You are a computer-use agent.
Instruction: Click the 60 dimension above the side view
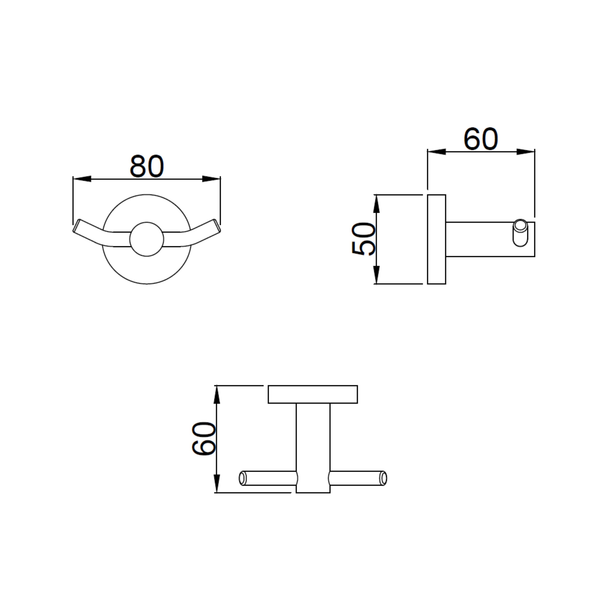tap(480, 139)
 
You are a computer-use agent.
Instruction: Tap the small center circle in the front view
tap(146, 239)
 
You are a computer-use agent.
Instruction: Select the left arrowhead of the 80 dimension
tap(82, 179)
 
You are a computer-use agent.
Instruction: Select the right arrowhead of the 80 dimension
tap(212, 179)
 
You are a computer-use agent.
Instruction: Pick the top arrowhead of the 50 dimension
tap(376, 204)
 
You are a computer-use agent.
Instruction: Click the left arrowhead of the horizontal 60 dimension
tap(436, 152)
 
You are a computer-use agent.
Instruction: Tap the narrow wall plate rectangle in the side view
tap(436, 239)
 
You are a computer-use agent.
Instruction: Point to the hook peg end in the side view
tap(520, 233)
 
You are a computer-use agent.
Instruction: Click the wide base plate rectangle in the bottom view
tap(313, 394)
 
